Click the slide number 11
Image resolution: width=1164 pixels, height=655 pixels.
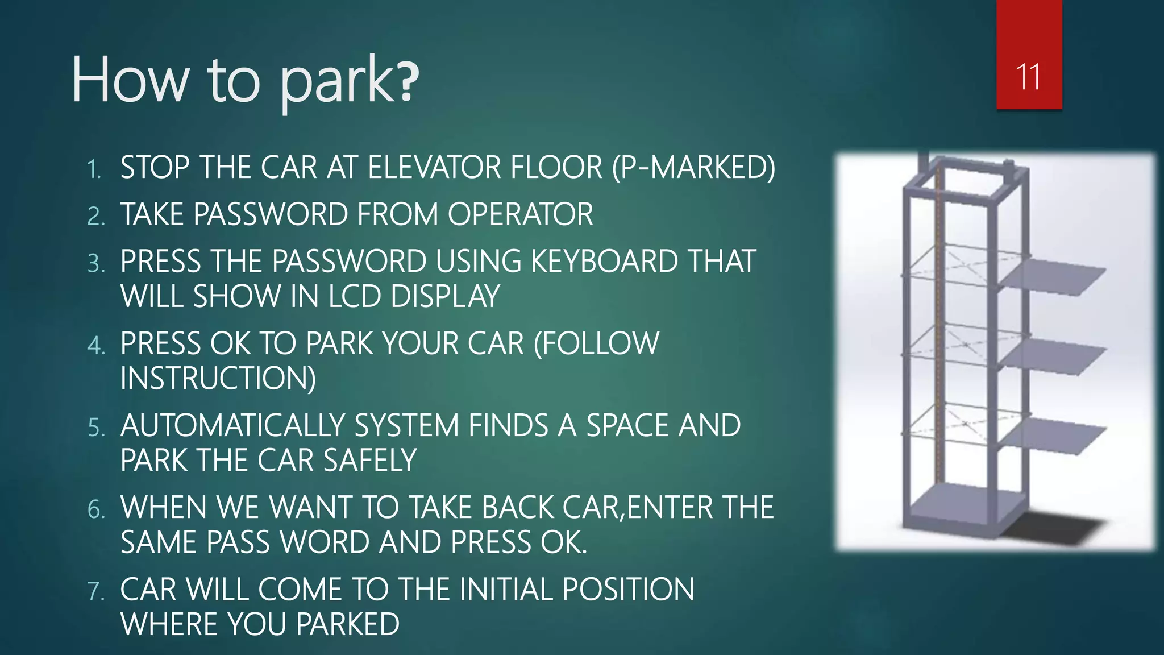1028,77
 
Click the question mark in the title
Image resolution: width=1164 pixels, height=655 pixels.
409,82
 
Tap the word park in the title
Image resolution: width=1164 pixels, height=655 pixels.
338,82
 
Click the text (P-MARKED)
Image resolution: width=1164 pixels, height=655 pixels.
693,168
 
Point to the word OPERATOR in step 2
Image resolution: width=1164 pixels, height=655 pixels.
520,215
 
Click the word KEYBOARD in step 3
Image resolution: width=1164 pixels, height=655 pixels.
604,262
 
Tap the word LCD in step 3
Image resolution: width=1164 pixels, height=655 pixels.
355,297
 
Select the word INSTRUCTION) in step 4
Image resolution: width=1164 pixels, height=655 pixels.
218,379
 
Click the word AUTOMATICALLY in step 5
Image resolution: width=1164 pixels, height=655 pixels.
232,426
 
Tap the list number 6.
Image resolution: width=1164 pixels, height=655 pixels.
96,509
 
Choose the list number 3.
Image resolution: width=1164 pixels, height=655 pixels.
96,264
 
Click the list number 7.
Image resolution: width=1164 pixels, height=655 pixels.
96,591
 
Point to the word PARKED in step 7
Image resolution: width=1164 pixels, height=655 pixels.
348,624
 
